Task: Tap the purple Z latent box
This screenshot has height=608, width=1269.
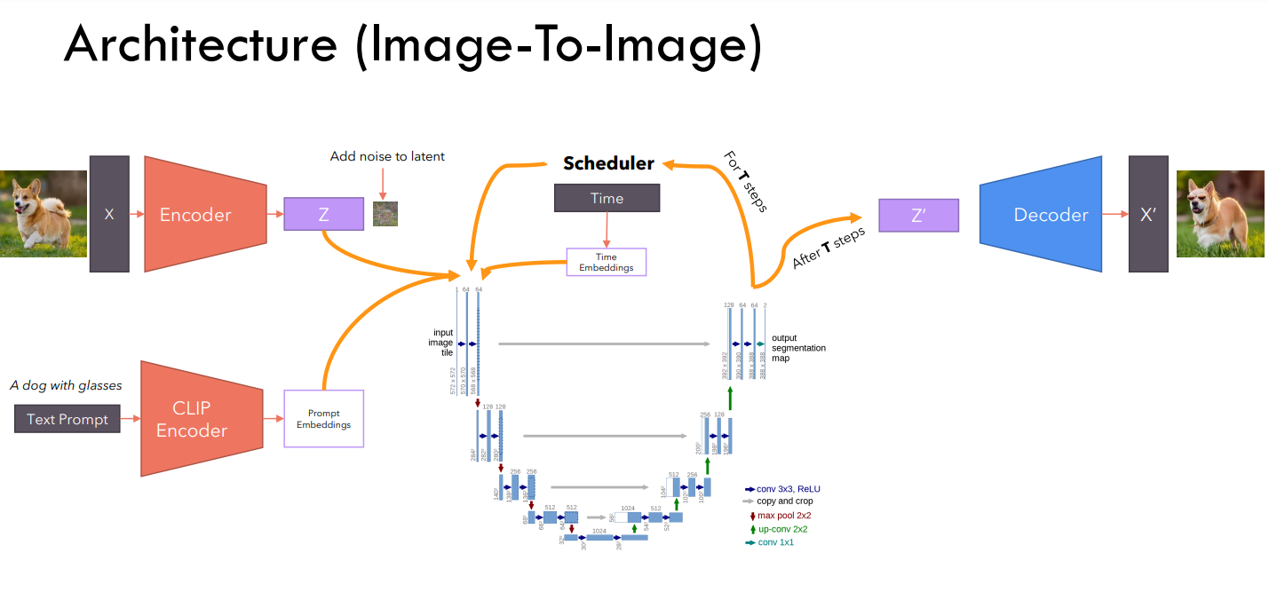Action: (x=323, y=214)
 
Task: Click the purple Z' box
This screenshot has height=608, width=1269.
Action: (x=918, y=215)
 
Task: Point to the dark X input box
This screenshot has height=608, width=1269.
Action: (x=109, y=214)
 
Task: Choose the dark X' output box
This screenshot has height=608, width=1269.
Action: (x=1147, y=214)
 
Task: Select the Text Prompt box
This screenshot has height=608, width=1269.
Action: (x=67, y=419)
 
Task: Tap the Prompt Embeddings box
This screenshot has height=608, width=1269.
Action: (x=323, y=419)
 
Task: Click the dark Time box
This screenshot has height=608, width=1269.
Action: (x=607, y=198)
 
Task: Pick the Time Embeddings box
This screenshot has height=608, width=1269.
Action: (x=607, y=262)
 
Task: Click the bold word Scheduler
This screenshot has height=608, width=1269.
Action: (x=608, y=163)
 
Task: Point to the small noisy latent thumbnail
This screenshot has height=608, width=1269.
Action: (x=385, y=214)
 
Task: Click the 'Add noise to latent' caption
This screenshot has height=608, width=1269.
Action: (x=387, y=156)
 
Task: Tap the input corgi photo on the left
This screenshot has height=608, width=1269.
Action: (x=43, y=214)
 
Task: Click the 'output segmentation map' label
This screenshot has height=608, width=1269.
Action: (x=797, y=348)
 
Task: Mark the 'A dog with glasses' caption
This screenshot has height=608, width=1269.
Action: (x=66, y=385)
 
